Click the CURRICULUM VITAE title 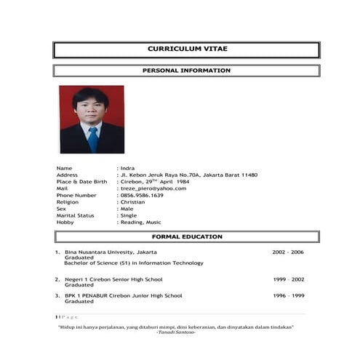tap(187, 49)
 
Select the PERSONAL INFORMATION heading tap(187, 71)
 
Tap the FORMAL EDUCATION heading tap(187, 236)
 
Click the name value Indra tap(127, 168)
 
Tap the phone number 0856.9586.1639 tap(142, 195)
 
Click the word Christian tap(133, 202)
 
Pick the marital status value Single tap(129, 215)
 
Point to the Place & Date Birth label tap(81, 182)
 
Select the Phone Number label tap(76, 195)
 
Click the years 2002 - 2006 tap(288, 252)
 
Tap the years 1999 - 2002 tap(289, 279)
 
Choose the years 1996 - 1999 tap(289, 296)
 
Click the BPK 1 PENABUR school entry tap(123, 296)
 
